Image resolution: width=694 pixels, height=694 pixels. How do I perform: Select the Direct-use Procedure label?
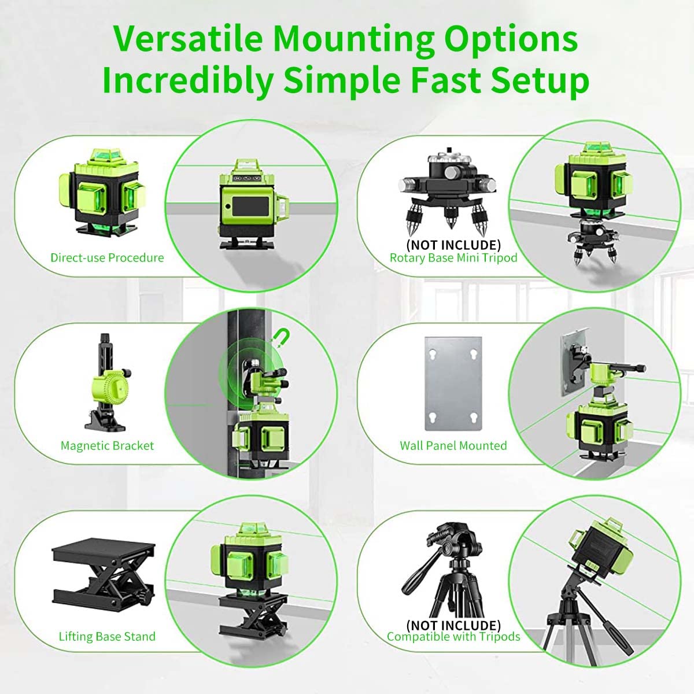(x=107, y=258)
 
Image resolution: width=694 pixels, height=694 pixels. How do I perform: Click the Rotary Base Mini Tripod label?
(x=453, y=258)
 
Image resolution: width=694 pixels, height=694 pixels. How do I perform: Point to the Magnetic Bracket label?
(x=107, y=446)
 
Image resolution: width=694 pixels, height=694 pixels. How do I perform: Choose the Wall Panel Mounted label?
(x=453, y=446)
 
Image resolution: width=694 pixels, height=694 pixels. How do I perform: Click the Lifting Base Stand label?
(x=107, y=637)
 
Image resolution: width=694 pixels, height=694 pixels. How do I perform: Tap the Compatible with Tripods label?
(x=453, y=637)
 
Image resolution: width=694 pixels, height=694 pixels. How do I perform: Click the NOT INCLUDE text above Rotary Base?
(x=453, y=245)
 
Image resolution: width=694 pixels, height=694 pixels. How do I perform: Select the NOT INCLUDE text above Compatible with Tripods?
(x=453, y=625)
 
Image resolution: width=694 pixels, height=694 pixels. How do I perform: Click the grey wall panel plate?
(x=453, y=384)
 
